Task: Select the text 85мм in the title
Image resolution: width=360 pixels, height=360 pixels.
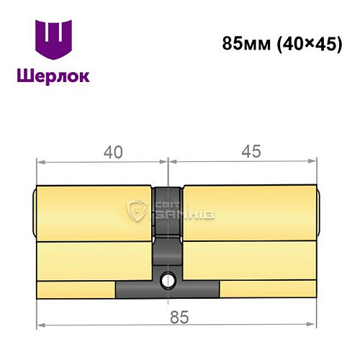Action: pos(243,42)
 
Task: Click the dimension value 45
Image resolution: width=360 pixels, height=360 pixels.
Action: pos(251,152)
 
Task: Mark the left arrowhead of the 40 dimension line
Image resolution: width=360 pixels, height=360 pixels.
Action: pos(39,163)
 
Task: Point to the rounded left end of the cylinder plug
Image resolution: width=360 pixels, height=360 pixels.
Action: pos(36,212)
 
